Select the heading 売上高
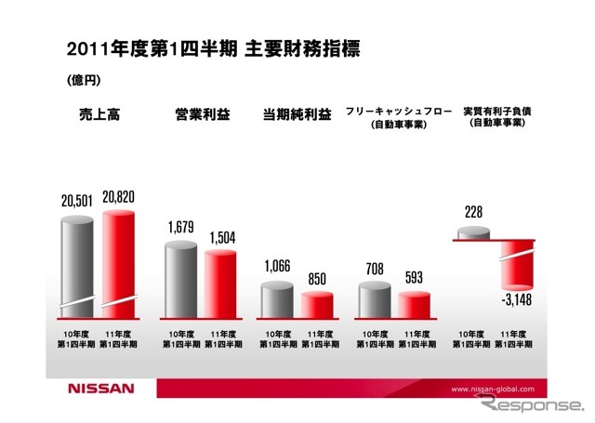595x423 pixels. (x=100, y=115)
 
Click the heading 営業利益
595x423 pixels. (x=203, y=115)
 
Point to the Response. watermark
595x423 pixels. (x=533, y=407)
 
